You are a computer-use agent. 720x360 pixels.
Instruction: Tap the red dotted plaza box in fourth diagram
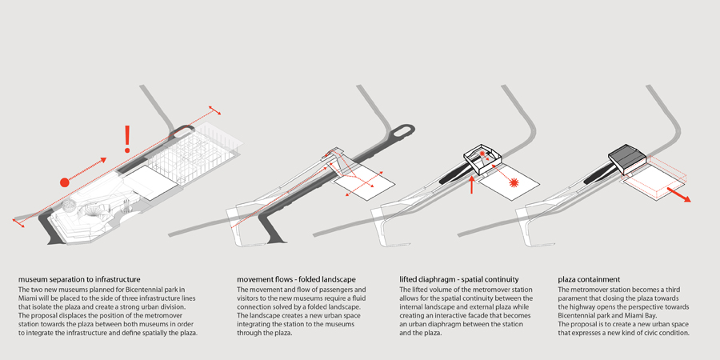(656, 181)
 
